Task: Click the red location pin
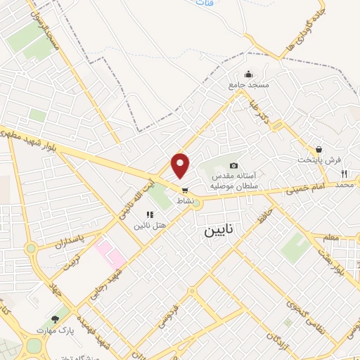[181, 165]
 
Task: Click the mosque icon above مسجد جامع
[248, 75]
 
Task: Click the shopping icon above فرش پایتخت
[319, 149]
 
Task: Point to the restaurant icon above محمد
[344, 174]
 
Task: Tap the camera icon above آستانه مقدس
[233, 164]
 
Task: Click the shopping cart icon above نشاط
[185, 190]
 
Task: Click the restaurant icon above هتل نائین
[149, 214]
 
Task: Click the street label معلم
[330, 240]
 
